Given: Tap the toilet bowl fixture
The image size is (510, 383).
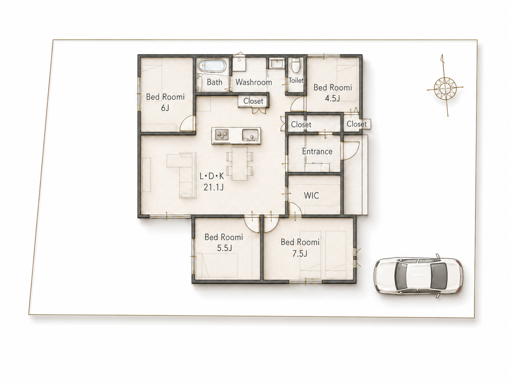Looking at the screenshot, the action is pos(296,65).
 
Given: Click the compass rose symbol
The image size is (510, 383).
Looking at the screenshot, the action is pos(445,89).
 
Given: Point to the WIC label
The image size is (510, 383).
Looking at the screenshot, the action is pos(311,196).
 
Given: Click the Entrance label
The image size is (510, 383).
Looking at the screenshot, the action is pos(317,151).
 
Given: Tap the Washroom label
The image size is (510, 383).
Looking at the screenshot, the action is pos(254,82).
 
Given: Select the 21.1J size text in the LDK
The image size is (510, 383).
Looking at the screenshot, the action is pos(213,187).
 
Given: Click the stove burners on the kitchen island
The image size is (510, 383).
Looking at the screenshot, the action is pos(222,135).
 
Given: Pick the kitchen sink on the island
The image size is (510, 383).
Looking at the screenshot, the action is pos(250,135).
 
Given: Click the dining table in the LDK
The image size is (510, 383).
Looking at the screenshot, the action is pos(240,164).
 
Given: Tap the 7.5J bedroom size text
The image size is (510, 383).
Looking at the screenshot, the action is pos(300,254).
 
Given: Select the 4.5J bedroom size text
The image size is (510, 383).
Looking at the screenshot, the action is pos(332,98).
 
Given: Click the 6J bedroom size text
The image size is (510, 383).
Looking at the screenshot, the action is pos(165,108).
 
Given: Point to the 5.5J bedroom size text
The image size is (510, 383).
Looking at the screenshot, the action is pos(224,248).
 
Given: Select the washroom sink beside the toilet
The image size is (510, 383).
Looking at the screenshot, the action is pos(276,63).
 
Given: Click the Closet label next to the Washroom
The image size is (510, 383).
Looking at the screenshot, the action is pos(253,101).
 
